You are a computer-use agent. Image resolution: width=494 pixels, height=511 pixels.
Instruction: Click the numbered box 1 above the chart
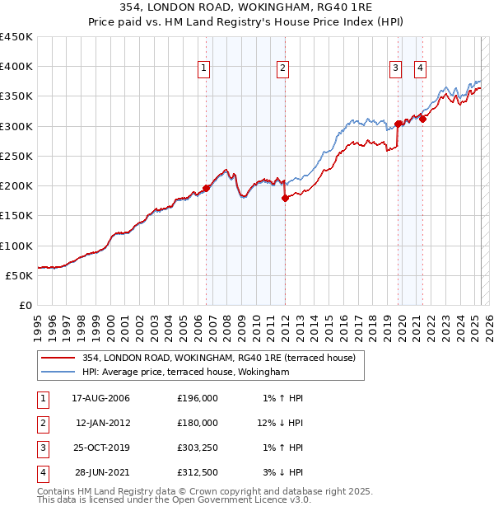point(203,68)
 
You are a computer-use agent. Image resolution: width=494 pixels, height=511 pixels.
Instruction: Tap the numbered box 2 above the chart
point(282,68)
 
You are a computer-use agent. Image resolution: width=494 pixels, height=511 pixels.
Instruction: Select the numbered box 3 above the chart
point(396,68)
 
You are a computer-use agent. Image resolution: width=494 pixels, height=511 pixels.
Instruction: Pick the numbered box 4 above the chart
point(420,68)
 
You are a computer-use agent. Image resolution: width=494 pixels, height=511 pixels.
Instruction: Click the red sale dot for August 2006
point(206,188)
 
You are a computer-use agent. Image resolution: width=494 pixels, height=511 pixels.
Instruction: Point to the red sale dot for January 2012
point(285,198)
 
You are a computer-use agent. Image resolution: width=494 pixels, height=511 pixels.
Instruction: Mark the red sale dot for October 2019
point(398,124)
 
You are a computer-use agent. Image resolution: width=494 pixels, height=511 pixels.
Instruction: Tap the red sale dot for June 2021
point(422,119)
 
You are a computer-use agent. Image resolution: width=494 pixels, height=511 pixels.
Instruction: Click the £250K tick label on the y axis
point(16,156)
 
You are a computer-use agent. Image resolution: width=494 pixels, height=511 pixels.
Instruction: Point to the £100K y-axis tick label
point(16,246)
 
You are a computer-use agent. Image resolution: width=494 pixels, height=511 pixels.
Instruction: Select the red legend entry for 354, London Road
point(218,358)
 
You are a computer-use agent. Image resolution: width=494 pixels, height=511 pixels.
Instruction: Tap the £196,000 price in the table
point(198,398)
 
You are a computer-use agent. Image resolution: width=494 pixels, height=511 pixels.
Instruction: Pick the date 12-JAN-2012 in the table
point(103,423)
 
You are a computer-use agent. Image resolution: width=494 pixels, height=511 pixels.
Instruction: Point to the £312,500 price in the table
point(198,472)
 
